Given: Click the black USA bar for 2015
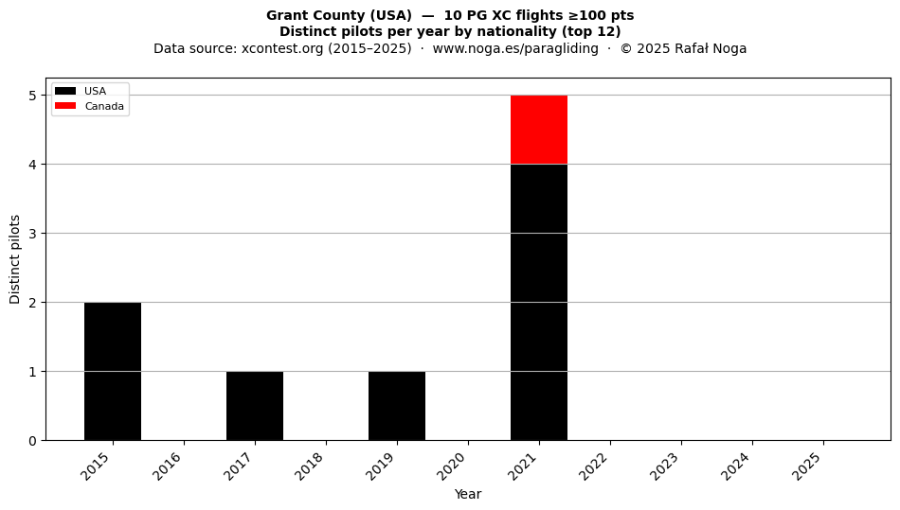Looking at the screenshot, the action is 113,371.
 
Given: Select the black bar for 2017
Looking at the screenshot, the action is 255,406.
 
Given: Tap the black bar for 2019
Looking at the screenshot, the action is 397,406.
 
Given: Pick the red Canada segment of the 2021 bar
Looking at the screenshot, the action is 539,130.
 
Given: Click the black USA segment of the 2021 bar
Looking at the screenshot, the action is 539,303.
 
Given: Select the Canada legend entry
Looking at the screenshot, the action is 90,106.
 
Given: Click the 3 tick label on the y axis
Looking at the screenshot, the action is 33,233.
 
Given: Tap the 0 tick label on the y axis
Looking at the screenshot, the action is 33,441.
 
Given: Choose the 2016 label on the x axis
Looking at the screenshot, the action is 167,466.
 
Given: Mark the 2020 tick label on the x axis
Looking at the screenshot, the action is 452,466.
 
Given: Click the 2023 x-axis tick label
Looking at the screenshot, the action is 665,466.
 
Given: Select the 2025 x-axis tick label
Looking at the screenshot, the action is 807,466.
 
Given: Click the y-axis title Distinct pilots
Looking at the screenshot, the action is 15,259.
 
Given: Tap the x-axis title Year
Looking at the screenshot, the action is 468,494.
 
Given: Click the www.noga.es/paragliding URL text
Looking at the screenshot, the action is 515,48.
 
